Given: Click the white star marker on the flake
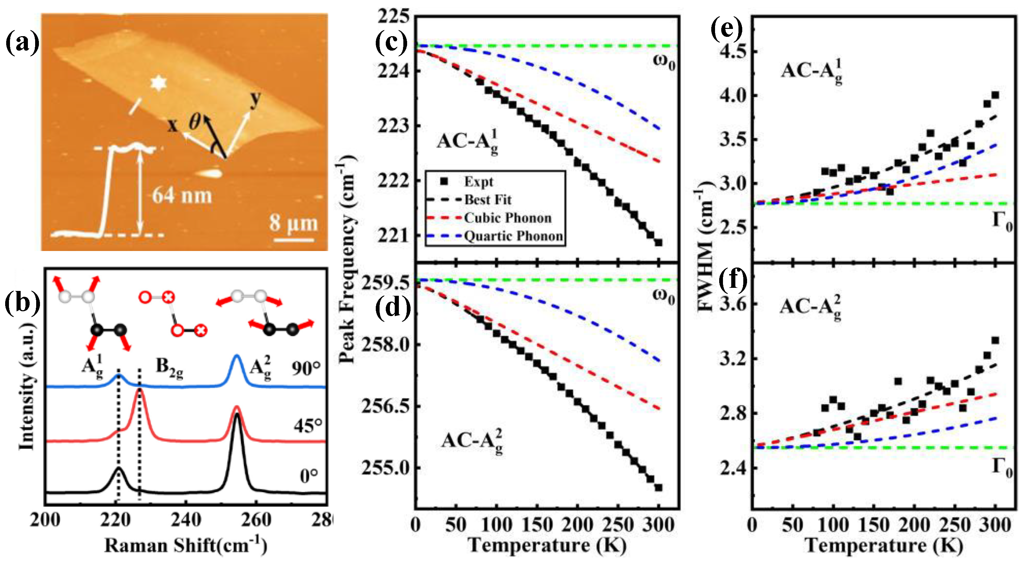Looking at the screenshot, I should (x=158, y=83).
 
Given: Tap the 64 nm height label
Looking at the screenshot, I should (x=182, y=196).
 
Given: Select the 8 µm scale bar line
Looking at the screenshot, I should (x=294, y=240).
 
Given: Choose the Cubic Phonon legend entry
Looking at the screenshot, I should (x=508, y=218).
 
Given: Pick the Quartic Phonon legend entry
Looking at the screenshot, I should (x=513, y=236).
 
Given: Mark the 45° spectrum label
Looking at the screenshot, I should (x=308, y=426).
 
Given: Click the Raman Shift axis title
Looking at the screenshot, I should (x=185, y=545).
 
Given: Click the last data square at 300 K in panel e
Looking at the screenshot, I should (x=995, y=95).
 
